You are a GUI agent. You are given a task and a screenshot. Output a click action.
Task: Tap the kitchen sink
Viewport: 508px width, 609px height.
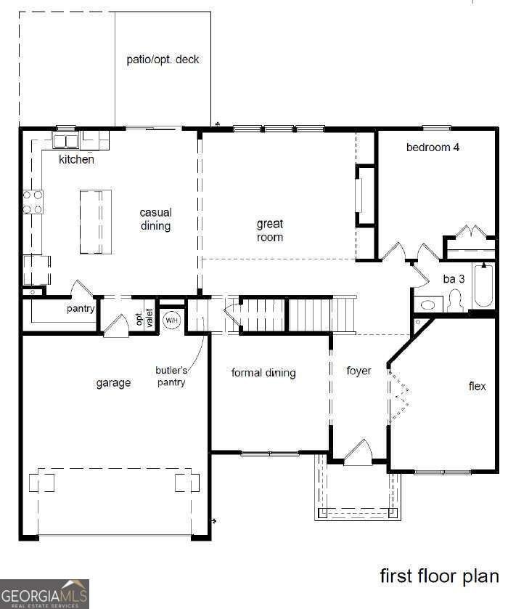point(66,140)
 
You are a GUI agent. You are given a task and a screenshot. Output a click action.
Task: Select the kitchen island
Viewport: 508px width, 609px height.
point(96,222)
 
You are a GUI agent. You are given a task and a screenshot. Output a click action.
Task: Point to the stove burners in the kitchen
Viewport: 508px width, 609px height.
point(33,201)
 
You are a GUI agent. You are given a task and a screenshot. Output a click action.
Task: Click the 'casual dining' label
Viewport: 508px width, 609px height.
point(155,219)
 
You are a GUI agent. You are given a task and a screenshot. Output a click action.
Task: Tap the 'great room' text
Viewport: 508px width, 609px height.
point(269,230)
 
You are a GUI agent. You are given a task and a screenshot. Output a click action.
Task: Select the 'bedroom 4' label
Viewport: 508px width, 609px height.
point(433,148)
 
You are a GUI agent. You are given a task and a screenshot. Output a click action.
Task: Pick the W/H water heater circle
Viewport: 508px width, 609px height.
point(171,320)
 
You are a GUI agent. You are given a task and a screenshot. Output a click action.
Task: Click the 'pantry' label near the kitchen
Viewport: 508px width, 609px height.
point(81,308)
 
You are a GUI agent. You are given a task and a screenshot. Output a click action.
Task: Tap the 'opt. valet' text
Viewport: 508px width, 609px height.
point(144,317)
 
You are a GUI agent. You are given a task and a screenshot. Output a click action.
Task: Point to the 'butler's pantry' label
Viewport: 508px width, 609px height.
point(171,376)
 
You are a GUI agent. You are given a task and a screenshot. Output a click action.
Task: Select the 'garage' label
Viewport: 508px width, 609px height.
point(113,383)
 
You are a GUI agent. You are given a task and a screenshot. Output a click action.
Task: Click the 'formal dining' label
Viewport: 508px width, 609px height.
point(263,373)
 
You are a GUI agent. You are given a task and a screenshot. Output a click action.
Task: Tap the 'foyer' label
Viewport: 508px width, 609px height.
point(359,371)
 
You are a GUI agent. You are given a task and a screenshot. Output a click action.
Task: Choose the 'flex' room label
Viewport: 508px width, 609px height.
point(477,386)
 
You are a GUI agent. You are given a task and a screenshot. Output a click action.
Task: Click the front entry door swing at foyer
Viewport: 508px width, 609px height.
point(358,453)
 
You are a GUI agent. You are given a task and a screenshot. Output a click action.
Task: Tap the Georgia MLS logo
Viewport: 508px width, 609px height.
point(44,593)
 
